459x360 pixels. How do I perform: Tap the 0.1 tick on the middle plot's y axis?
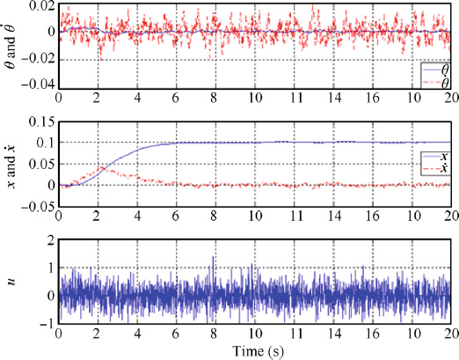44,142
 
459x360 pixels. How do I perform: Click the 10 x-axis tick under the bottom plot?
253,334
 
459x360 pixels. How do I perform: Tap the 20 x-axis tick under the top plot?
448,98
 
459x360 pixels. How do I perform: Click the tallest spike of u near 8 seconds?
213,257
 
